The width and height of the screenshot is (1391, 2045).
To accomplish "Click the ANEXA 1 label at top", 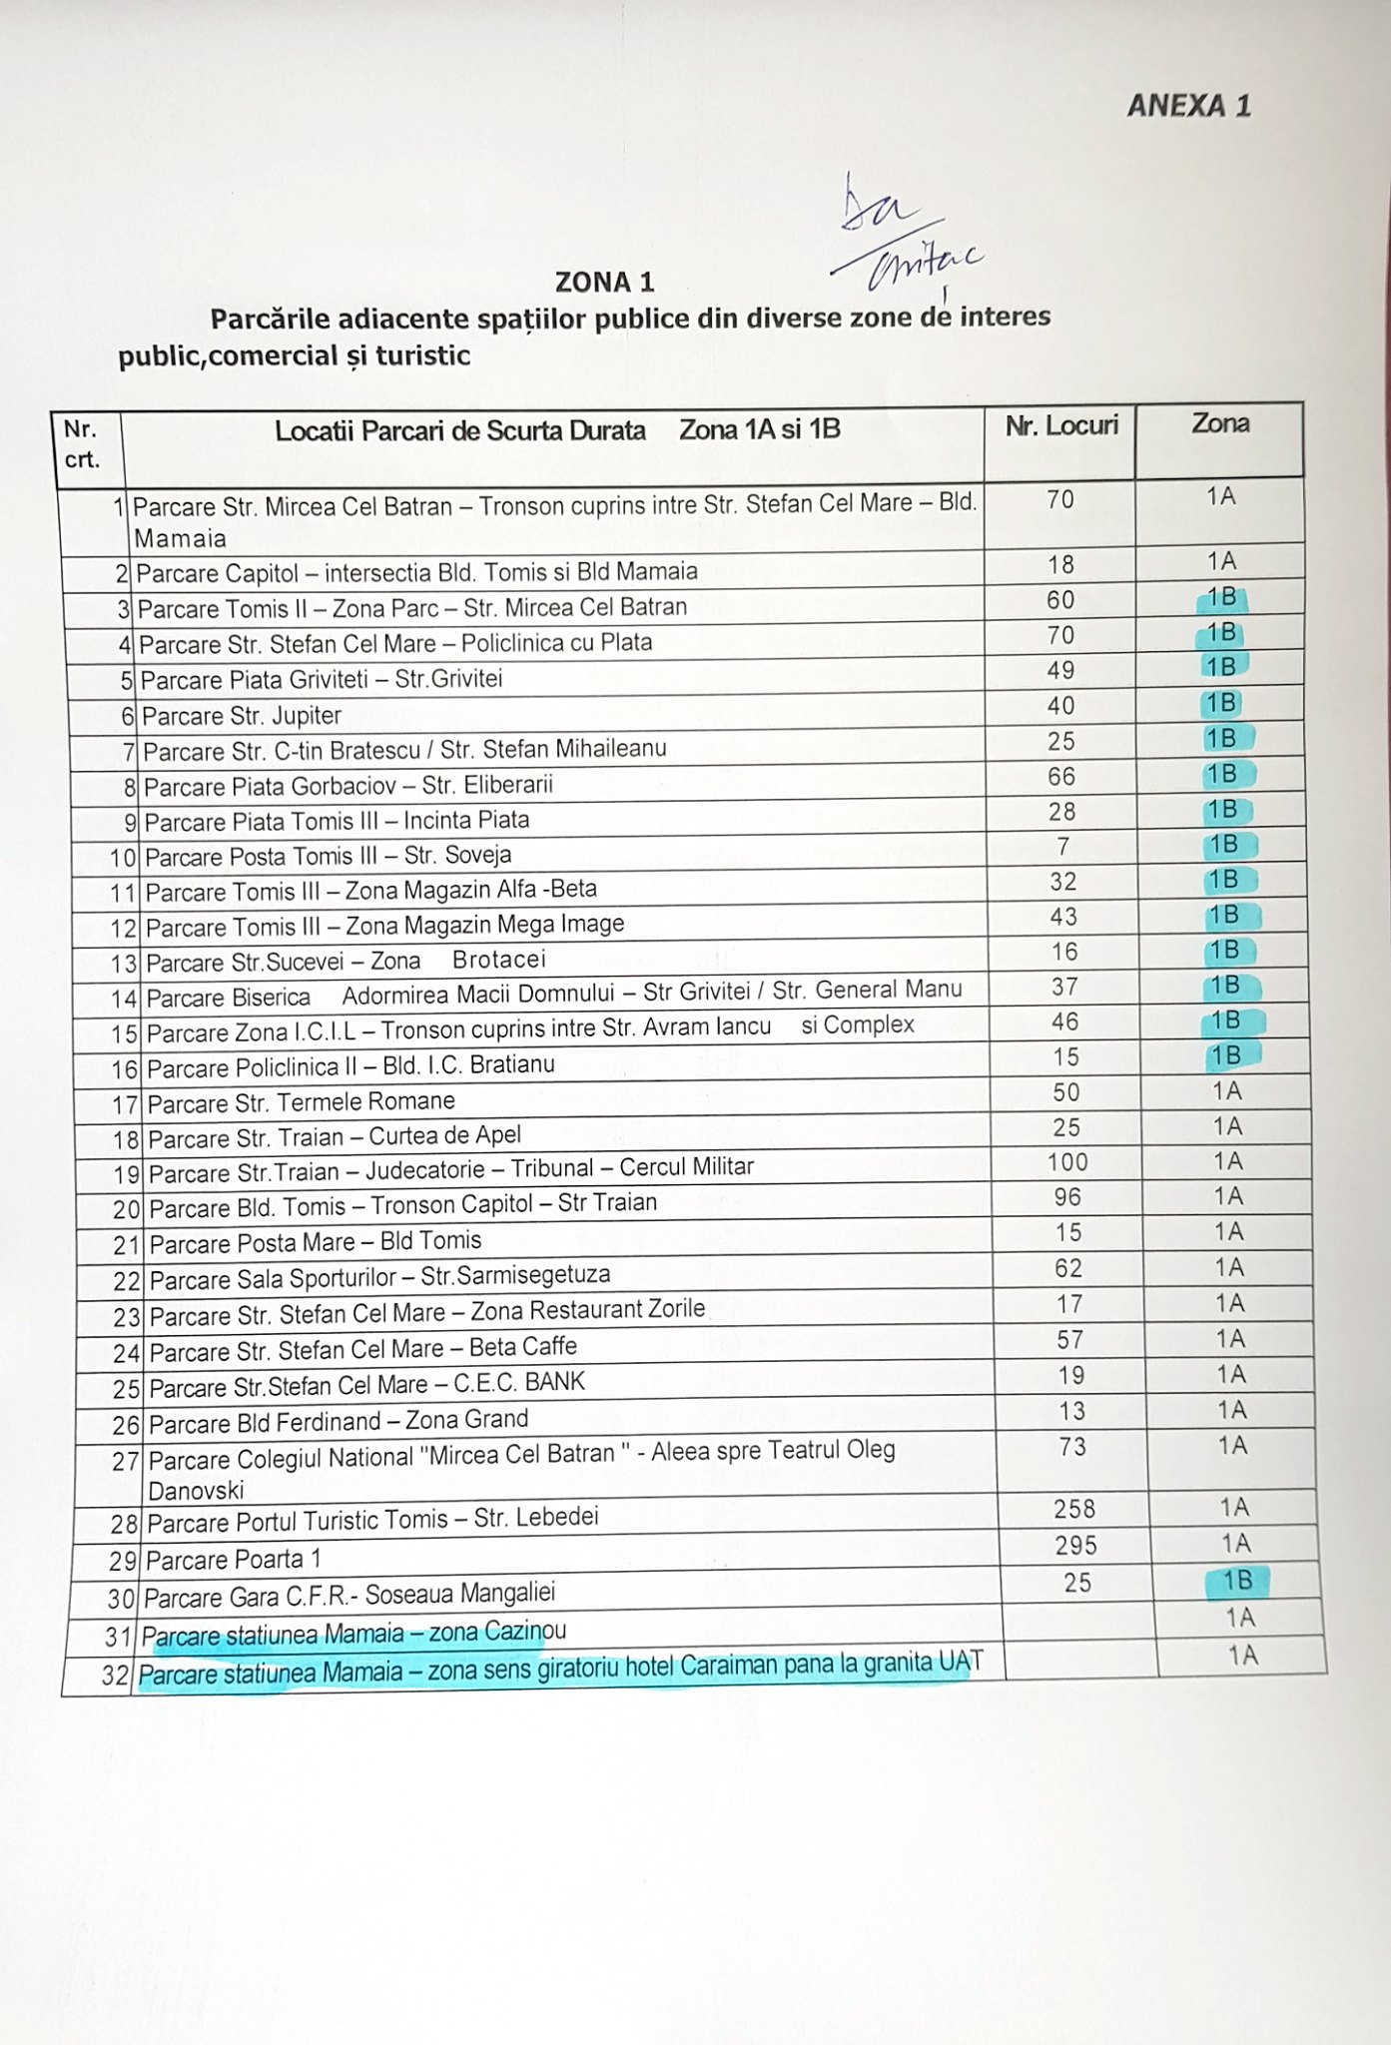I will tap(1188, 106).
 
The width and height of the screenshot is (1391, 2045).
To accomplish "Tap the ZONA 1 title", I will tap(605, 282).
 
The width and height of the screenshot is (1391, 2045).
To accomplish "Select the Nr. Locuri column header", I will tap(1061, 426).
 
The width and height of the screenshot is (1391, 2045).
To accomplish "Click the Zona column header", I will tap(1220, 424).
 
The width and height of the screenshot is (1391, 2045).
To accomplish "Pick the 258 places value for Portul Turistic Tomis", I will tap(1074, 1509).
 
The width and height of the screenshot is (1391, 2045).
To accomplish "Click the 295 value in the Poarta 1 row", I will tap(1075, 1546).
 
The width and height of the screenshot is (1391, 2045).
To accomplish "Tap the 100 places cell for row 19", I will tap(1067, 1162).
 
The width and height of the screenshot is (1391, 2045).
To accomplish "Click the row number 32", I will tap(117, 1676).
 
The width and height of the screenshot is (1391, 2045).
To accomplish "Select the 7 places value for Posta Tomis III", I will tap(1063, 847).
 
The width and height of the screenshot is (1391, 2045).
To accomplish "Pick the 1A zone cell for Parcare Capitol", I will tap(1221, 561).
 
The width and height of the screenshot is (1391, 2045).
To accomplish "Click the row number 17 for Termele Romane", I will tap(125, 1105).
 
